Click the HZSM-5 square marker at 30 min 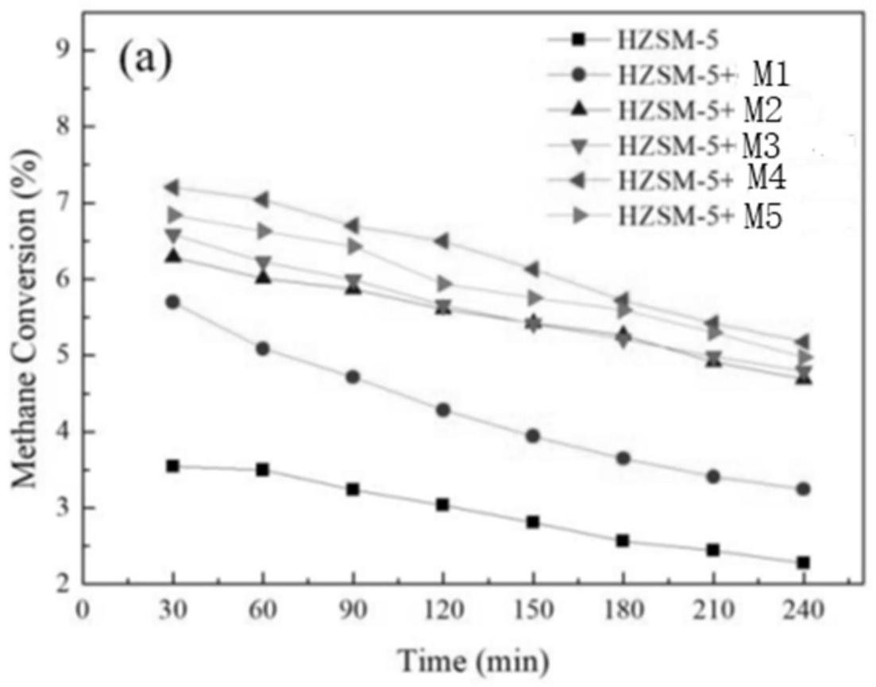point(172,466)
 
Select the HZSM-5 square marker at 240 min point(803,562)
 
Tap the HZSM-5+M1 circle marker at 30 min point(172,302)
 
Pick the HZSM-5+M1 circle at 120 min point(442,410)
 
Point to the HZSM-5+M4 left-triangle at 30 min point(172,187)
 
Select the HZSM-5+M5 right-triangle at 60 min point(264,231)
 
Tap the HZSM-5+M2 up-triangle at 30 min point(172,256)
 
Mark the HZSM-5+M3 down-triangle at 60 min point(263,263)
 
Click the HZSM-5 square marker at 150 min point(532,522)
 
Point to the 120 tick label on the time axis point(442,611)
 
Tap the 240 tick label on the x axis point(803,611)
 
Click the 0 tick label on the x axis point(83,611)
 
